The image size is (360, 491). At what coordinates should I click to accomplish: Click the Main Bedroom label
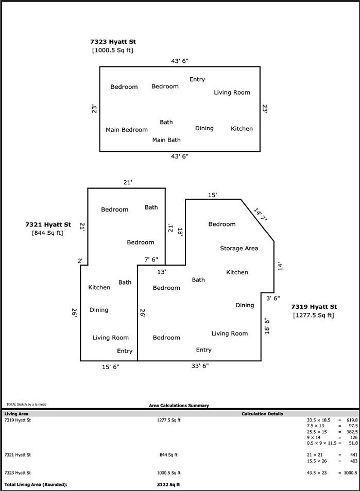[x=127, y=130]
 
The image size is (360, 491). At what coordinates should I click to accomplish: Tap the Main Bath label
[x=166, y=139]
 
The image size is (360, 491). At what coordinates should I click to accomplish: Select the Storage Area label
[x=239, y=248]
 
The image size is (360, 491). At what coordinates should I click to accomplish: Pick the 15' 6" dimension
[x=109, y=366]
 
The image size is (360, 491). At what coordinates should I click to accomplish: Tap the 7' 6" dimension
[x=151, y=259]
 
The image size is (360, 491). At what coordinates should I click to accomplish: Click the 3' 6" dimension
[x=273, y=297]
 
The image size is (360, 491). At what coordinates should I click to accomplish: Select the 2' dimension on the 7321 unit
[x=80, y=261]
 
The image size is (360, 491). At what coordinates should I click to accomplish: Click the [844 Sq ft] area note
[x=47, y=233]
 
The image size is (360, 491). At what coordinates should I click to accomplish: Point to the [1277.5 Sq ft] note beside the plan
[x=314, y=315]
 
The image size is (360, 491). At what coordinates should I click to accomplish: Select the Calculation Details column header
[x=262, y=414]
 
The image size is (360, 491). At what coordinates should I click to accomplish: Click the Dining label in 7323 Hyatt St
[x=204, y=128]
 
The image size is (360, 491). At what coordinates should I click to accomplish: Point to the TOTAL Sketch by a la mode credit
[x=26, y=405]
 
